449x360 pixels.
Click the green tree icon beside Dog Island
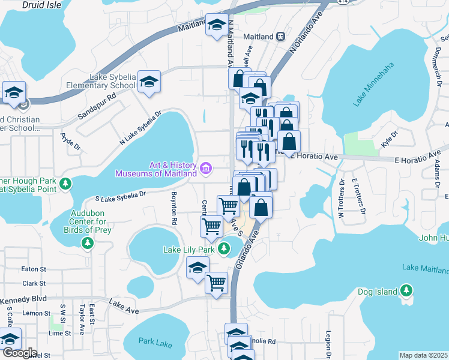tap(406, 292)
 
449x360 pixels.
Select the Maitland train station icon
tap(280, 37)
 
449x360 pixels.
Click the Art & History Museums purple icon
tap(206, 169)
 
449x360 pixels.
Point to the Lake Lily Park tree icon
tap(224, 248)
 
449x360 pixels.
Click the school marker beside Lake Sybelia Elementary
tap(149, 83)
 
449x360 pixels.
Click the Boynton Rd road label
tap(173, 208)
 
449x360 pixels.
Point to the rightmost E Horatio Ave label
tap(421, 160)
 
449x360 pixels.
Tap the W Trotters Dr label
tap(341, 199)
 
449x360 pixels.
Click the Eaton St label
tap(34, 270)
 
